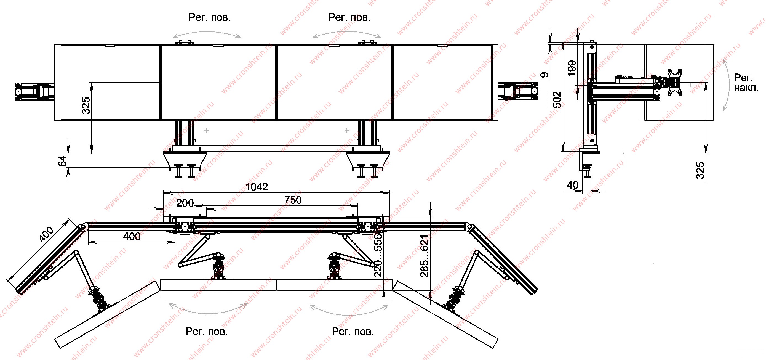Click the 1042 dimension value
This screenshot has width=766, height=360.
click(257, 187)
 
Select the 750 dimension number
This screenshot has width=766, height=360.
click(293, 200)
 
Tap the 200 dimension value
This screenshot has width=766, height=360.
click(185, 203)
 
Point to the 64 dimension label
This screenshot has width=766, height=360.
click(62, 161)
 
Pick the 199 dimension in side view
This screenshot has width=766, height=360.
click(572, 68)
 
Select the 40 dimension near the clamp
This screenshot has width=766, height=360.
click(572, 185)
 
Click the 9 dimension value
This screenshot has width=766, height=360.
click(545, 75)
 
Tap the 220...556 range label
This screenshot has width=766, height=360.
click(378, 255)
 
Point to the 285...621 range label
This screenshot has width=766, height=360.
click(424, 256)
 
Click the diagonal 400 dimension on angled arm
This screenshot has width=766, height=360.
click(47, 234)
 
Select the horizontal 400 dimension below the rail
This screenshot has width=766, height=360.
click(132, 236)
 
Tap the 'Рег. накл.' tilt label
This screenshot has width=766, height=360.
click(746, 83)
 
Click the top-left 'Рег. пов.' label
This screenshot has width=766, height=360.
click(209, 17)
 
